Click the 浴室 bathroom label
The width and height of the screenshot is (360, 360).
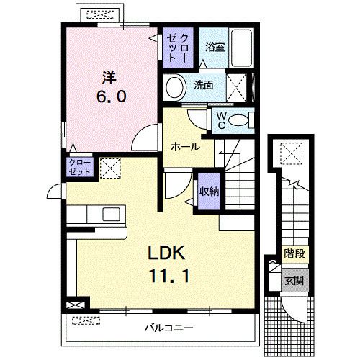[x=215, y=47]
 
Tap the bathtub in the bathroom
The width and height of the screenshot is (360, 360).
[x=241, y=48]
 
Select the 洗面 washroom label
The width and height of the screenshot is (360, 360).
[x=204, y=85]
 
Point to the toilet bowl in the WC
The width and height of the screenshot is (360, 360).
[x=238, y=120]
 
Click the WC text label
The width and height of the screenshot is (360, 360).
[x=221, y=120]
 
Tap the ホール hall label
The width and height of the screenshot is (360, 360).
[x=186, y=147]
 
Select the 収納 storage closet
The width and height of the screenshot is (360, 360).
[x=209, y=191]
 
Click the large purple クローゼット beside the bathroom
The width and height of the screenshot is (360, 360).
[x=178, y=48]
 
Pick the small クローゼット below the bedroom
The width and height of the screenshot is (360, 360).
[x=80, y=167]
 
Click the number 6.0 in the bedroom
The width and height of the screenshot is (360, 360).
[x=112, y=96]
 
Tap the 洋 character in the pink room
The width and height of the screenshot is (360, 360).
[x=109, y=77]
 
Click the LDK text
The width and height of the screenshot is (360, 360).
[x=166, y=253]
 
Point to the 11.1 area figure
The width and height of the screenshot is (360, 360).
[x=169, y=276]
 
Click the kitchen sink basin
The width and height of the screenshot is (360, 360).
[x=111, y=214]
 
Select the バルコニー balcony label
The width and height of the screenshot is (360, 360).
[x=168, y=328]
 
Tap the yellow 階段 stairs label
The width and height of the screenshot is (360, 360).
[x=294, y=253]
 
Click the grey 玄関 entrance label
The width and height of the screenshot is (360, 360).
[x=294, y=280]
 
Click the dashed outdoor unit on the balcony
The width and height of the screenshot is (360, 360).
[x=86, y=320]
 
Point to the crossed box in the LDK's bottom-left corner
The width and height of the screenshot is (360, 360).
[x=75, y=305]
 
